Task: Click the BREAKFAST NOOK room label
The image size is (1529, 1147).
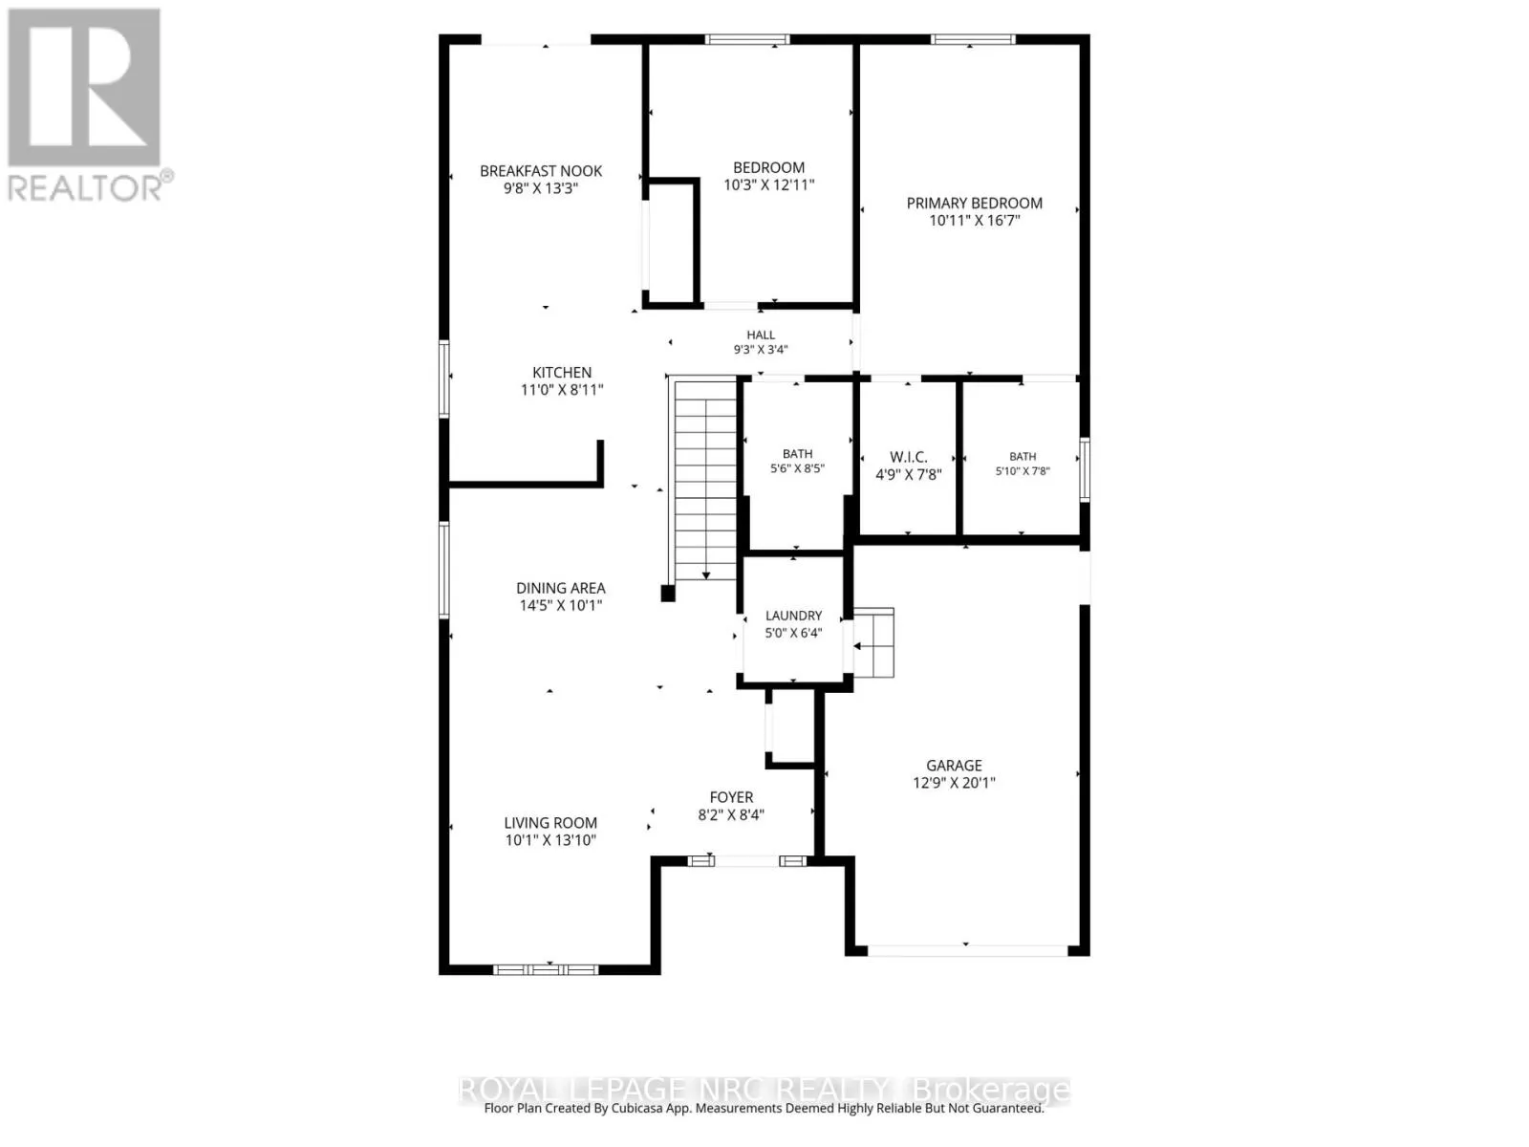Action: click(x=541, y=171)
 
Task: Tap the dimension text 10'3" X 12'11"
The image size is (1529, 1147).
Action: click(x=768, y=184)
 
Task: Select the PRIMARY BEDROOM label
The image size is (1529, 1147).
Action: click(x=974, y=204)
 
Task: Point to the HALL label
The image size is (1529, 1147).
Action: click(x=761, y=335)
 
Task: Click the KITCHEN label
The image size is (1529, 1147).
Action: click(x=562, y=373)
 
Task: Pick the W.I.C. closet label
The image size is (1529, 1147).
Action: click(x=909, y=458)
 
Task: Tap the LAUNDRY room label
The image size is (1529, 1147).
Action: click(x=793, y=616)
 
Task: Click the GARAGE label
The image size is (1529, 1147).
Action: click(x=954, y=766)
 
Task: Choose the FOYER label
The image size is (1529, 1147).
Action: click(x=731, y=797)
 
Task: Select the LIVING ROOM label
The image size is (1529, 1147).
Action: click(x=550, y=823)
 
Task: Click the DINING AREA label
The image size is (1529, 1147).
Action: click(x=560, y=589)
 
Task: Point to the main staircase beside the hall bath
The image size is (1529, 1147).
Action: click(x=705, y=481)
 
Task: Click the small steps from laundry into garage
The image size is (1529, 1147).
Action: click(x=874, y=642)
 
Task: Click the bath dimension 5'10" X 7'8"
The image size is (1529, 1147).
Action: click(x=1022, y=471)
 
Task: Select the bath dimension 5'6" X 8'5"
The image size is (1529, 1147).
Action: click(x=797, y=468)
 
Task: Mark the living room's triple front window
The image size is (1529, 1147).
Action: click(x=546, y=969)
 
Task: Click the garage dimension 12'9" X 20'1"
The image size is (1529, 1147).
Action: click(x=954, y=783)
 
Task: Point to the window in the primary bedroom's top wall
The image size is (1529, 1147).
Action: click(x=973, y=40)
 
